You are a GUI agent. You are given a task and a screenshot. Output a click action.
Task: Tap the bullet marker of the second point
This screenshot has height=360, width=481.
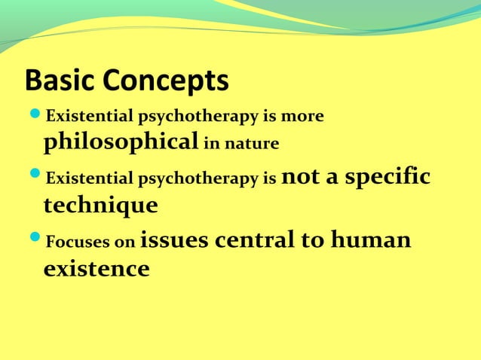coord(35,180)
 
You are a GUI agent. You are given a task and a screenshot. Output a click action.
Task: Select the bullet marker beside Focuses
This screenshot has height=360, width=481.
coord(35,243)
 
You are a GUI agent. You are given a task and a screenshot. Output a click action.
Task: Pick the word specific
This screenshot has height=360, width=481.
coord(392,178)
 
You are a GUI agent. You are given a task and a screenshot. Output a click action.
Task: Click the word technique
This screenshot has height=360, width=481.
coord(100,205)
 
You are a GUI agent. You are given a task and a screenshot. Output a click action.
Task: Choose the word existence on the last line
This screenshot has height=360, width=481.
coord(96,267)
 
